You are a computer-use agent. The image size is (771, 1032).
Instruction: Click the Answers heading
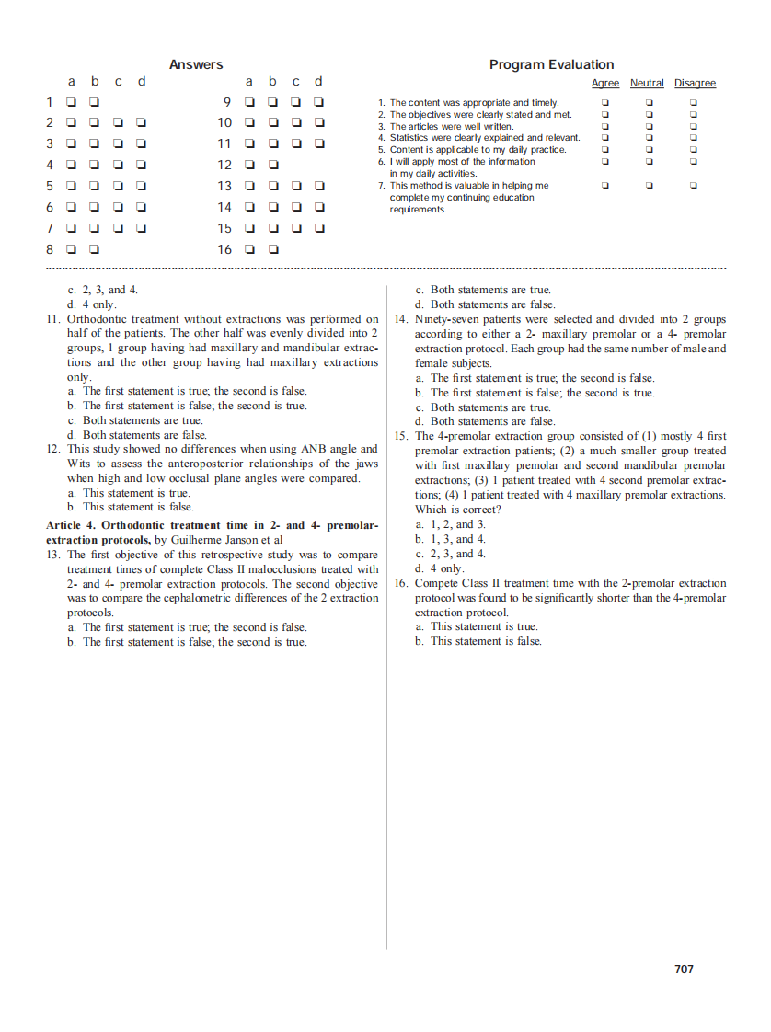coord(196,64)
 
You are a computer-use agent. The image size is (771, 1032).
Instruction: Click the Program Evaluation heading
coord(551,64)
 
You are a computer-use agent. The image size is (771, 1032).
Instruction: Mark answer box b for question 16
coord(273,249)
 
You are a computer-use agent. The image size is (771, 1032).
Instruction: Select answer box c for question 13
coord(296,186)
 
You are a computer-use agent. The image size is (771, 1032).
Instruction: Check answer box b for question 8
coord(95,249)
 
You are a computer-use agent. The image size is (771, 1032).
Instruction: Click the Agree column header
coord(604,84)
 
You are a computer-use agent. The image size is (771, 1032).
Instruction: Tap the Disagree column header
coord(695,84)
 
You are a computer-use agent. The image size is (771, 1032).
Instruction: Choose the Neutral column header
coord(647,84)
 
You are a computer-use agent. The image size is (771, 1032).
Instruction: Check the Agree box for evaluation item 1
coord(604,103)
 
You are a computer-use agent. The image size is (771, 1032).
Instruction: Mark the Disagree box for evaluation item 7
coord(695,186)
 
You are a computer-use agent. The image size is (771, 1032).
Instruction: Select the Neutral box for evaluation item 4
coord(649,138)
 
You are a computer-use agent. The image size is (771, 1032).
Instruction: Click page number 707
coord(684,969)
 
